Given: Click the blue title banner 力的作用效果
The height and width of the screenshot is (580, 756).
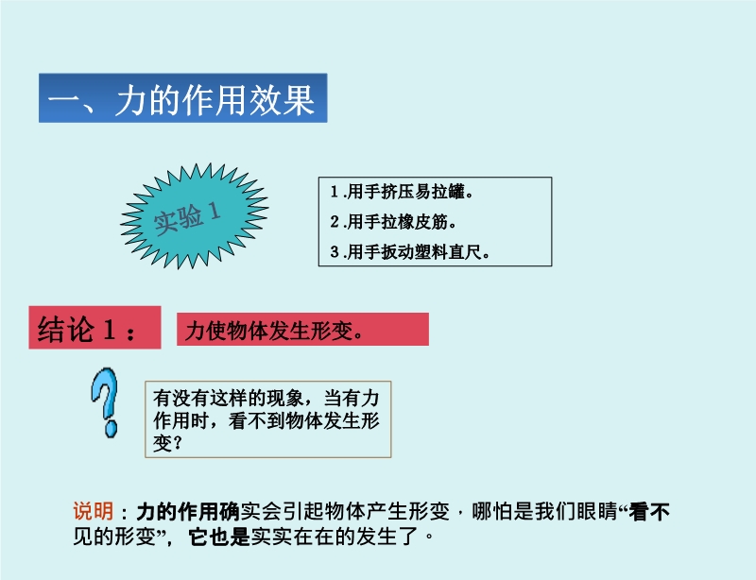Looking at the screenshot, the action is [182, 98].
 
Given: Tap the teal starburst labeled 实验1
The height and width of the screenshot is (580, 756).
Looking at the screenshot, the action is [195, 215].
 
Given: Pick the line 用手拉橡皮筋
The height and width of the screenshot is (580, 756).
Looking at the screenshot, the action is [393, 222].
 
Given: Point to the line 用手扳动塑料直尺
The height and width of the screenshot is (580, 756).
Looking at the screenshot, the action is [410, 251].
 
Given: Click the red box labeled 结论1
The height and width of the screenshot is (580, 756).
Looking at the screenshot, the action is [95, 328].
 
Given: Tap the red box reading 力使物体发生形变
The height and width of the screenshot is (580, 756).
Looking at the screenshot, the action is [302, 330].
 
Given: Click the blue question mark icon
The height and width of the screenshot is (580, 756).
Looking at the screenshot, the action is [105, 402].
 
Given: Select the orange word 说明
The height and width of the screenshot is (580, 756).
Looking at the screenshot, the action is [93, 511].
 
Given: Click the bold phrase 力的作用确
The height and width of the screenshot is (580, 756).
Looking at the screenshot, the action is [188, 512].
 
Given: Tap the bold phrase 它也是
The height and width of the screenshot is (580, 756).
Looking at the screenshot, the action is [219, 537].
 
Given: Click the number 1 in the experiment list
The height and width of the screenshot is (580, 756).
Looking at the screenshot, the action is [335, 192].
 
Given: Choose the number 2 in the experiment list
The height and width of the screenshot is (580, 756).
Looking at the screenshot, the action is [335, 222].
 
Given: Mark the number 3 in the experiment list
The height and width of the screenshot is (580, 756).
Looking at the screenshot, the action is [335, 251].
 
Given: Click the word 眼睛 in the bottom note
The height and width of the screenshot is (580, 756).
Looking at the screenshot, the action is [596, 512].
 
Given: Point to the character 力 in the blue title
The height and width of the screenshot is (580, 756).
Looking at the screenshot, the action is [131, 100].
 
